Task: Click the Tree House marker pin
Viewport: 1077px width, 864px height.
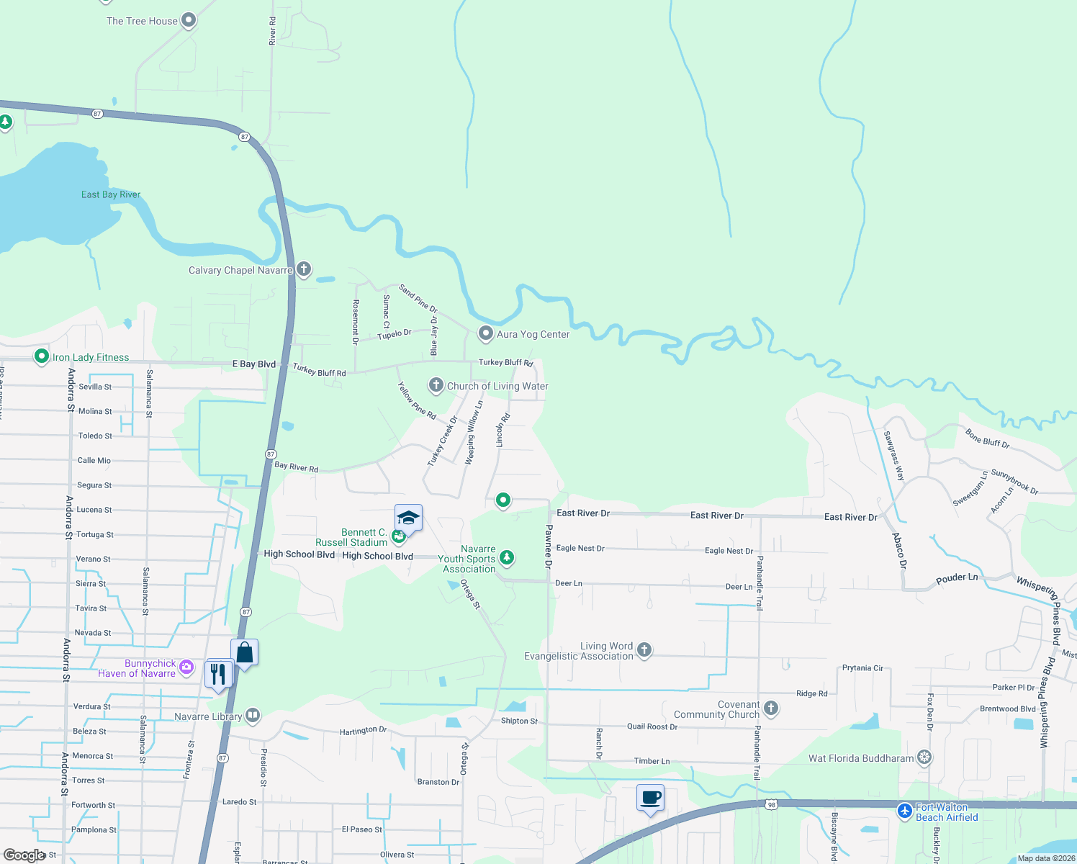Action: click(189, 20)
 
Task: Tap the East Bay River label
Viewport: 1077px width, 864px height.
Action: click(110, 194)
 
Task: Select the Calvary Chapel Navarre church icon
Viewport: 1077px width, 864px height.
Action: click(304, 269)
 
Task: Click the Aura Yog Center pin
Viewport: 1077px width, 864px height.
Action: click(486, 333)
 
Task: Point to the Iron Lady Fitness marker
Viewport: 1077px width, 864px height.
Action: click(42, 356)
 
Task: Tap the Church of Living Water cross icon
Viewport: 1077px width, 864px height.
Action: click(436, 385)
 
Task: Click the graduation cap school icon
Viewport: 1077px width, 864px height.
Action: click(408, 518)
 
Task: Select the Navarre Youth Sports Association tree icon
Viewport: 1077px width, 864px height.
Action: click(507, 557)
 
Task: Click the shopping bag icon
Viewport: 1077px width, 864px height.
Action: click(245, 652)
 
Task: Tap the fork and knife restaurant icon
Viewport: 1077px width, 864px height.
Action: click(218, 674)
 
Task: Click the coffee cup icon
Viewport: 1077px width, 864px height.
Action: click(650, 798)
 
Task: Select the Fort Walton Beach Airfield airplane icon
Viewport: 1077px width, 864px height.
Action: click(905, 811)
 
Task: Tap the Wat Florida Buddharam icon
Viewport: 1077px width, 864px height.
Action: click(924, 757)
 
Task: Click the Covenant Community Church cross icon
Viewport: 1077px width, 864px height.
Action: click(771, 708)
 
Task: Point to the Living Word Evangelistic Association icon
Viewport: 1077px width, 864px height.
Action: click(644, 650)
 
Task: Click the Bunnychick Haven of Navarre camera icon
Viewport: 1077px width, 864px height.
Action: click(186, 667)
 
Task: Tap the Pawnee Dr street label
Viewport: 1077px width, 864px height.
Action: click(549, 546)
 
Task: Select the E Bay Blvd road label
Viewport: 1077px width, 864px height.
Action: click(253, 364)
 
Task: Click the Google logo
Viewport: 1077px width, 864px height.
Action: click(24, 855)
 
